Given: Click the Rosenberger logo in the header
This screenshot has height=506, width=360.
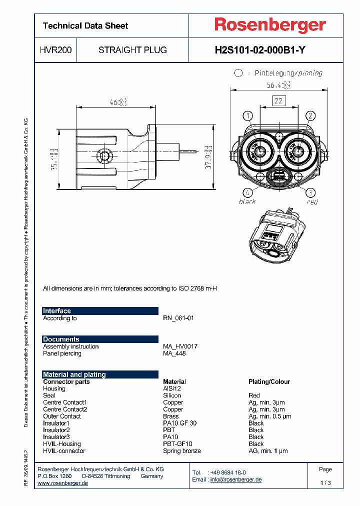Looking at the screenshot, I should click(270, 25).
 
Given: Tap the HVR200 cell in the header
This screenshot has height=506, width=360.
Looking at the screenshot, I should click(55, 50).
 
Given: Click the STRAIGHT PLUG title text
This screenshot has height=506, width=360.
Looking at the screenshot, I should click(132, 50).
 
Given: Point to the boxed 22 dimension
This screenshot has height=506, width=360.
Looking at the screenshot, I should click(278, 101).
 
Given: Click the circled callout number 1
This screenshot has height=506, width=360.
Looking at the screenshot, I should click(247, 116).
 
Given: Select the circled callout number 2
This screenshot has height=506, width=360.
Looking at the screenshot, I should click(310, 116).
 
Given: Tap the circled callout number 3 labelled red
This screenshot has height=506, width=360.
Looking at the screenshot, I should click(310, 192).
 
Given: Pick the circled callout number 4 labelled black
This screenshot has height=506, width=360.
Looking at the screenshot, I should click(247, 192).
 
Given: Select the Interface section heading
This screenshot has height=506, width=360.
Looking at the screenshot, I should click(57, 311).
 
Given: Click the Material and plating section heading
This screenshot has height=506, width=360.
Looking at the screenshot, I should click(74, 374).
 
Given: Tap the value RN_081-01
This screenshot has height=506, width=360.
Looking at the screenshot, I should click(178, 318).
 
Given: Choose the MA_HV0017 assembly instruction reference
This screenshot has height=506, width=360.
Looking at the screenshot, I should click(180, 346).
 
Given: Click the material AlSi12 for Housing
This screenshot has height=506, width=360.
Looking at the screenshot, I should click(172, 388).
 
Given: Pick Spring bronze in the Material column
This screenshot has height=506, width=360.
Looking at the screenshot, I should click(182, 451).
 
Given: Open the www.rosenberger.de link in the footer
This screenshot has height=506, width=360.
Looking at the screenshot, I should click(63, 483).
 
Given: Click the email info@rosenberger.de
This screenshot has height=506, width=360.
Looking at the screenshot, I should click(235, 479).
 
